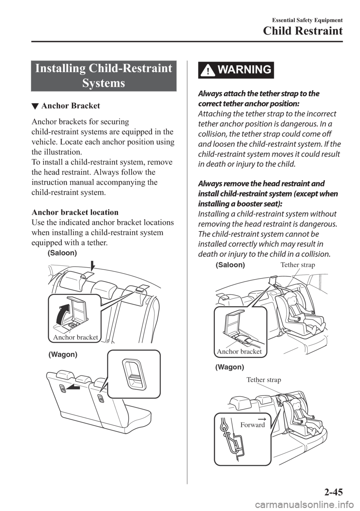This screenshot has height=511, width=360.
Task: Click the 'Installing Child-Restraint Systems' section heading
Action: tap(103, 76)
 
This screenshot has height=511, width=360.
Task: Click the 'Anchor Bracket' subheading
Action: tap(70, 106)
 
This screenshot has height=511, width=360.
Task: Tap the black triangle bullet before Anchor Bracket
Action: tap(35, 107)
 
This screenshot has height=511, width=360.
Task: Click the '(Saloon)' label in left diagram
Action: tap(62, 253)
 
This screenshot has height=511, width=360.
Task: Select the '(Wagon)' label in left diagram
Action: tap(63, 354)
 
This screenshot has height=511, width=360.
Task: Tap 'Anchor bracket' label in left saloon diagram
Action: tap(75, 337)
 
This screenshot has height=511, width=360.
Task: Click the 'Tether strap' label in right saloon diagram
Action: tap(298, 265)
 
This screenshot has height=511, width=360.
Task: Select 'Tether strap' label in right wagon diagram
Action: tap(264, 380)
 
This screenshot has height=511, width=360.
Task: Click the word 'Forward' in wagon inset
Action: tap(252, 425)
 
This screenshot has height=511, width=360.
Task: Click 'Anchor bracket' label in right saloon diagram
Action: tap(239, 352)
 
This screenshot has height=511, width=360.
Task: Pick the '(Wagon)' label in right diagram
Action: tap(229, 367)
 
